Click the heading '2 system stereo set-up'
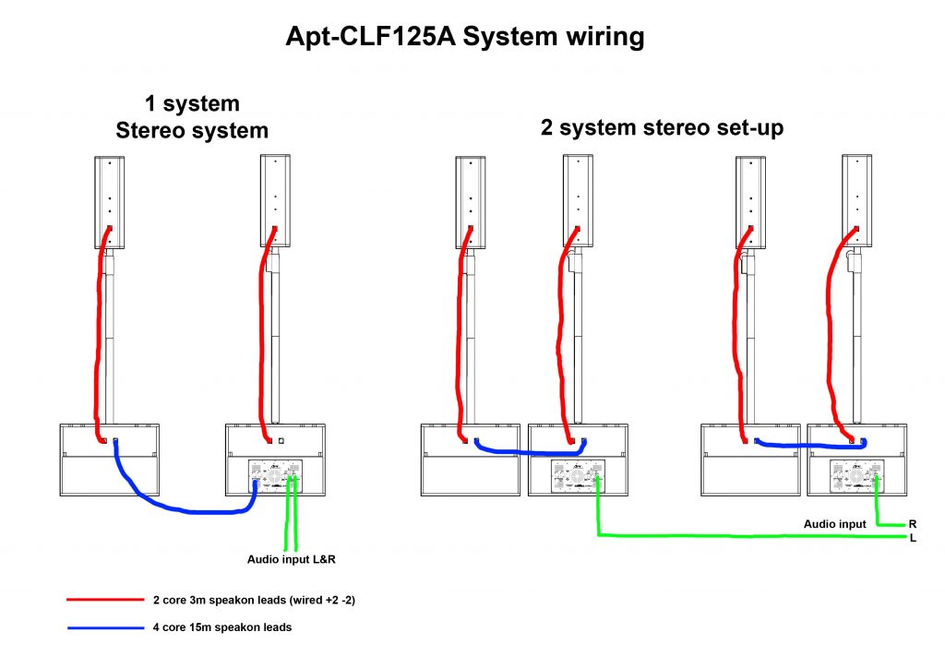point(662,127)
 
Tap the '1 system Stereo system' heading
point(192,117)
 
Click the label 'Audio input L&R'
point(294,559)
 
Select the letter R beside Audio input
point(912,523)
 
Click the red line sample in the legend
point(104,600)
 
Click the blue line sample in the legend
point(104,628)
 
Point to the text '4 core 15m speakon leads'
point(222,628)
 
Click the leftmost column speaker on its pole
point(109,200)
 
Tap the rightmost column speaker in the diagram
point(857,200)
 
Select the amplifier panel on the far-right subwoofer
point(857,478)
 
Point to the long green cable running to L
point(738,536)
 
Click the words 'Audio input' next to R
point(835,523)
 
